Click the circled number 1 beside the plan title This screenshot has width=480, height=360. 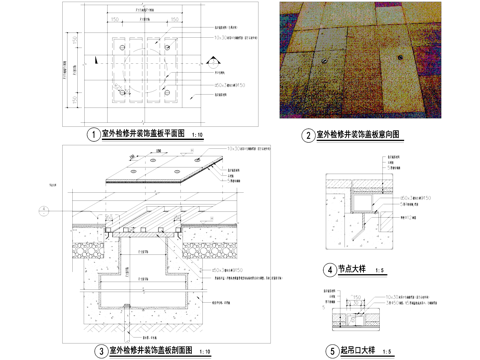tap(93, 134)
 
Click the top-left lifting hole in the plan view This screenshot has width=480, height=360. tap(119, 44)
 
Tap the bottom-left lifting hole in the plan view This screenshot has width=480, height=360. tap(119, 93)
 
